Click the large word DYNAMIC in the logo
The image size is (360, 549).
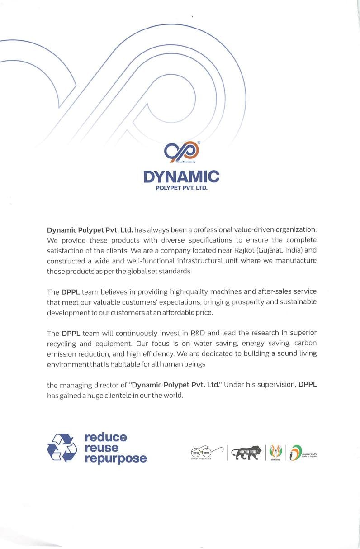click(181, 177)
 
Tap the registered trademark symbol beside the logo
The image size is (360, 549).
click(199, 143)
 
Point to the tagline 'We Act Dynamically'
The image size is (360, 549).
click(181, 162)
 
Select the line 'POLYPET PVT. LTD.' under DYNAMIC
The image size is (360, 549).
click(181, 187)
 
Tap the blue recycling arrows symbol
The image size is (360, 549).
click(62, 448)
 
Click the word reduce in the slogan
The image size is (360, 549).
click(105, 437)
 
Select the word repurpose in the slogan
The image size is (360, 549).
click(115, 458)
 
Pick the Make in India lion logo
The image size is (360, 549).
click(246, 452)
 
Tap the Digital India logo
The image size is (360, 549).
click(303, 453)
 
